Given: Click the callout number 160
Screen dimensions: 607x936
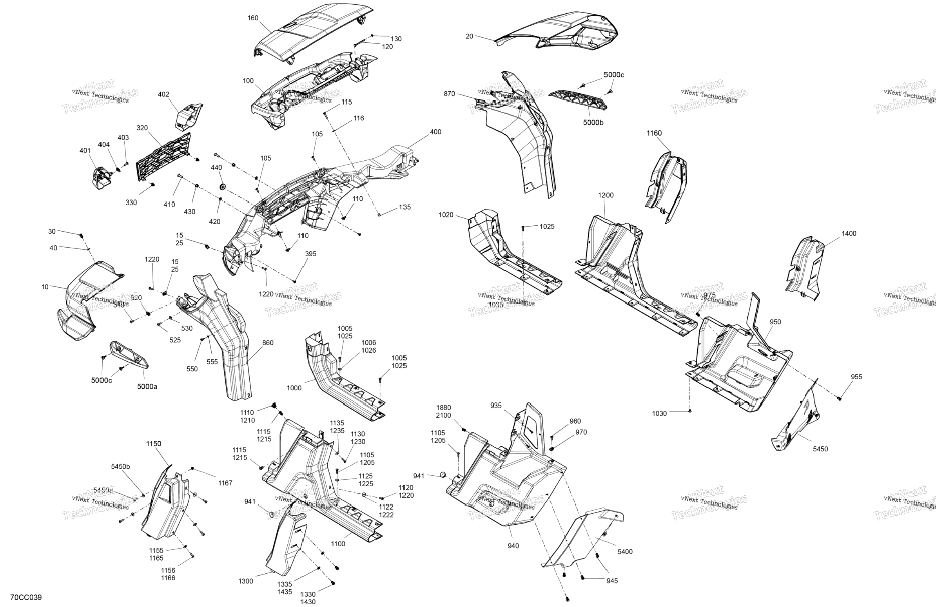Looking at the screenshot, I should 253,18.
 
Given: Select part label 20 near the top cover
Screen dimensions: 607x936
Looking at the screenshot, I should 469,36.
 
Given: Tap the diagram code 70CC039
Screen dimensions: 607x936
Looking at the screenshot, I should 26,598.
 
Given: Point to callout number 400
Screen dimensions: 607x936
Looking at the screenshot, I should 435,132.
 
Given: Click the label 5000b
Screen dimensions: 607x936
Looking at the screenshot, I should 593,123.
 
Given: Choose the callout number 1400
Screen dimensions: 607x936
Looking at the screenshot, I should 849,234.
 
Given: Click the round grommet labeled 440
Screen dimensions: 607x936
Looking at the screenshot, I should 223,185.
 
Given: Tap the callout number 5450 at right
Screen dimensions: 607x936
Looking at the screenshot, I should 820,449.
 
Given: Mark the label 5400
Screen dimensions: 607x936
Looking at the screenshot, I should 625,552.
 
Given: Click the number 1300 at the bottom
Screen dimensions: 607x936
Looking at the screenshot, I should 245,582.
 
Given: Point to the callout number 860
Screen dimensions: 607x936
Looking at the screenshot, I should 268,343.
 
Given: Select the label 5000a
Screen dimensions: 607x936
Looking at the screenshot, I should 147,387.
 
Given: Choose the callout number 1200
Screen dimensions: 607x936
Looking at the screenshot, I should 606,196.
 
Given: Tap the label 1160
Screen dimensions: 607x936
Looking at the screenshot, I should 654,133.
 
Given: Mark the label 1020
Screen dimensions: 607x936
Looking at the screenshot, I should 446,215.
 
